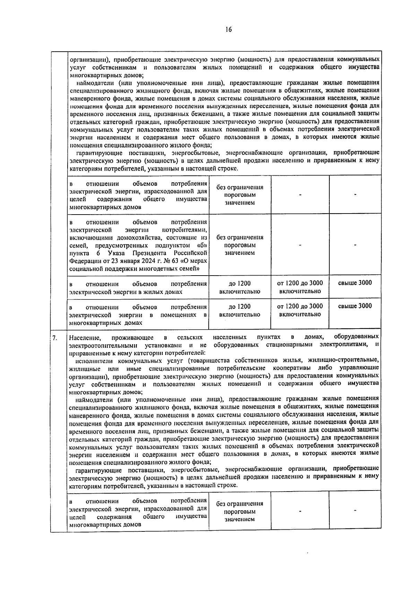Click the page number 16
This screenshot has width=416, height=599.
tap(228, 29)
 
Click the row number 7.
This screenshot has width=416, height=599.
tap(55, 337)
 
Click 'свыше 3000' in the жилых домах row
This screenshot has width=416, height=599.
tap(355, 283)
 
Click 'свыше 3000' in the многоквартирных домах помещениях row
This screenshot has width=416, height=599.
tap(355, 306)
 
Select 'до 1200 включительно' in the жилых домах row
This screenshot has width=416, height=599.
tap(240, 287)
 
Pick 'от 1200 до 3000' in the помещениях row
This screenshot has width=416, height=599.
tap(300, 306)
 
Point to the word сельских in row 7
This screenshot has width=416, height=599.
tap(190, 337)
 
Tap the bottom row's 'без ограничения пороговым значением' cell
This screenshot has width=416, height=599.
tap(240, 511)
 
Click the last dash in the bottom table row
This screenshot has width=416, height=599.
tap(355, 511)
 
